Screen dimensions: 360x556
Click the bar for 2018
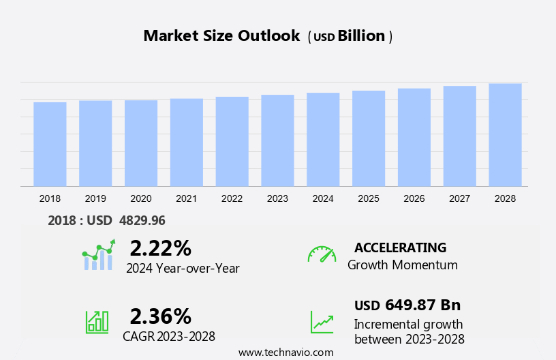point(50,144)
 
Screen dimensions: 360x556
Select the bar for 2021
point(187,142)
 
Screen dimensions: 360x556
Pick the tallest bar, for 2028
point(505,135)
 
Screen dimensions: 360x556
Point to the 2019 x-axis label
point(95,198)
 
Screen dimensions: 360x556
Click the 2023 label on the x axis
point(277,198)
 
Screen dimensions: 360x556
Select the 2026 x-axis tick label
point(414,198)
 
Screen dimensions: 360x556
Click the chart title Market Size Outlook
point(221,36)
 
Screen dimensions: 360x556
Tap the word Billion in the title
point(362,36)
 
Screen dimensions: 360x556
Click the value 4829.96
point(142,221)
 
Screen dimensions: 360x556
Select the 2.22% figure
point(160,248)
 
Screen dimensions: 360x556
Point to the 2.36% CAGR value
point(160,316)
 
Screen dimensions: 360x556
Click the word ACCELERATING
point(400,247)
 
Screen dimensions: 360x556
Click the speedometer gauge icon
point(322,254)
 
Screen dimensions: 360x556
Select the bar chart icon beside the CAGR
point(97,321)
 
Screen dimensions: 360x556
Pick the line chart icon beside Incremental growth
point(322,322)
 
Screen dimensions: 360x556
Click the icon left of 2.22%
point(98,255)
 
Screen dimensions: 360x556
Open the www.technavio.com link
point(285,352)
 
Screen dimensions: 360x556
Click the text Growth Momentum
point(402,265)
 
